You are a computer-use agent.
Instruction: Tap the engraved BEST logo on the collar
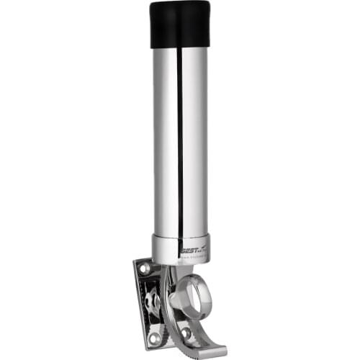tap(189, 245)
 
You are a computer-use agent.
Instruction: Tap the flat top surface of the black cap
tap(180, 6)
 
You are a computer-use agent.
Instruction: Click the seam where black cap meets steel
tap(180, 48)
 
